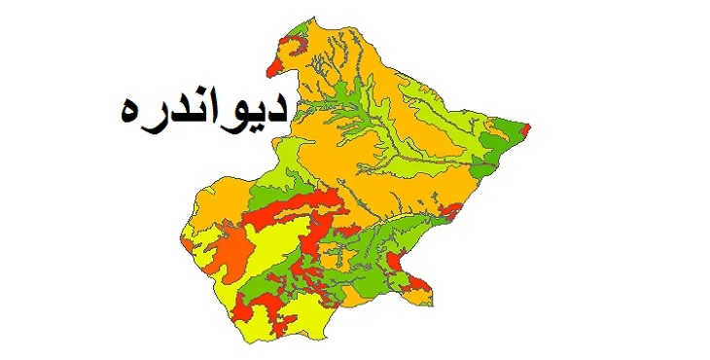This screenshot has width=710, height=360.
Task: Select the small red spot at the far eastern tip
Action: tap(526, 128)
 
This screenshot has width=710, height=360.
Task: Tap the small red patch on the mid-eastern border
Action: tap(449, 210)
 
